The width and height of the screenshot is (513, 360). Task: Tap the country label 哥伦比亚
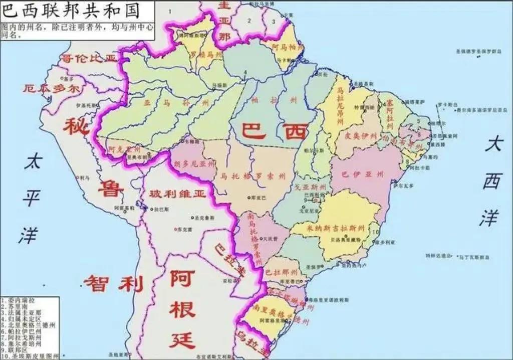89,59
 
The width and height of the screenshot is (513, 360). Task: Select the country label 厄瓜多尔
51,89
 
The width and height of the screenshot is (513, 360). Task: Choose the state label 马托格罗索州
252,176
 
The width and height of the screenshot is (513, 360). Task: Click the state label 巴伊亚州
362,174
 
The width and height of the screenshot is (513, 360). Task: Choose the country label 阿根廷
182,309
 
